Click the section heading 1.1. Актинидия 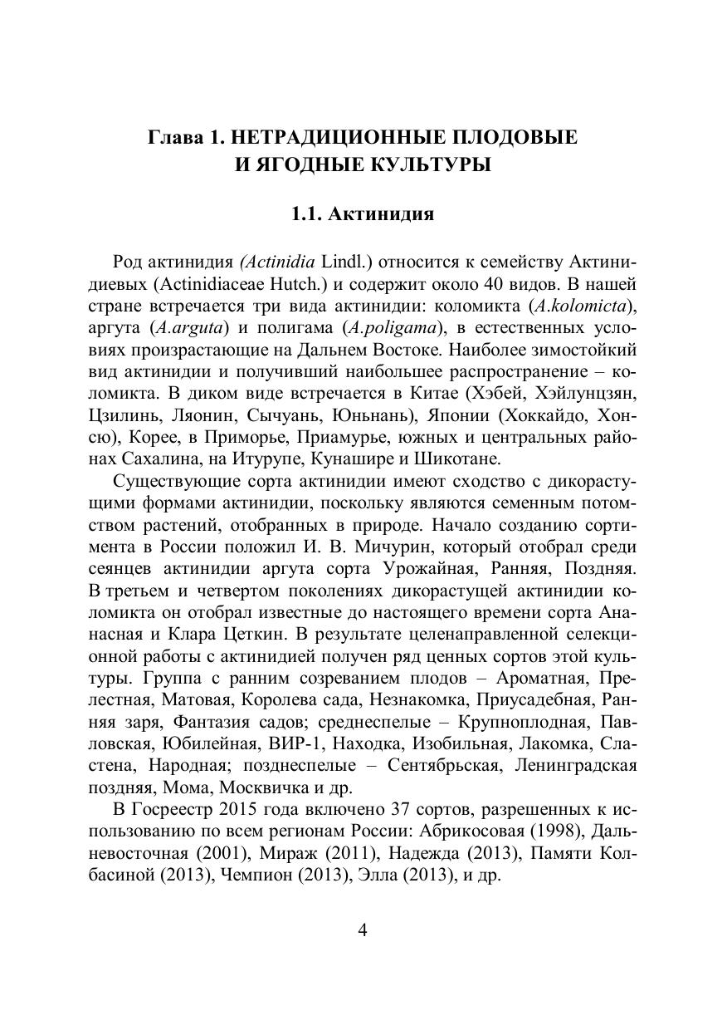click(363, 214)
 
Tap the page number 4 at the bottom click(363, 929)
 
